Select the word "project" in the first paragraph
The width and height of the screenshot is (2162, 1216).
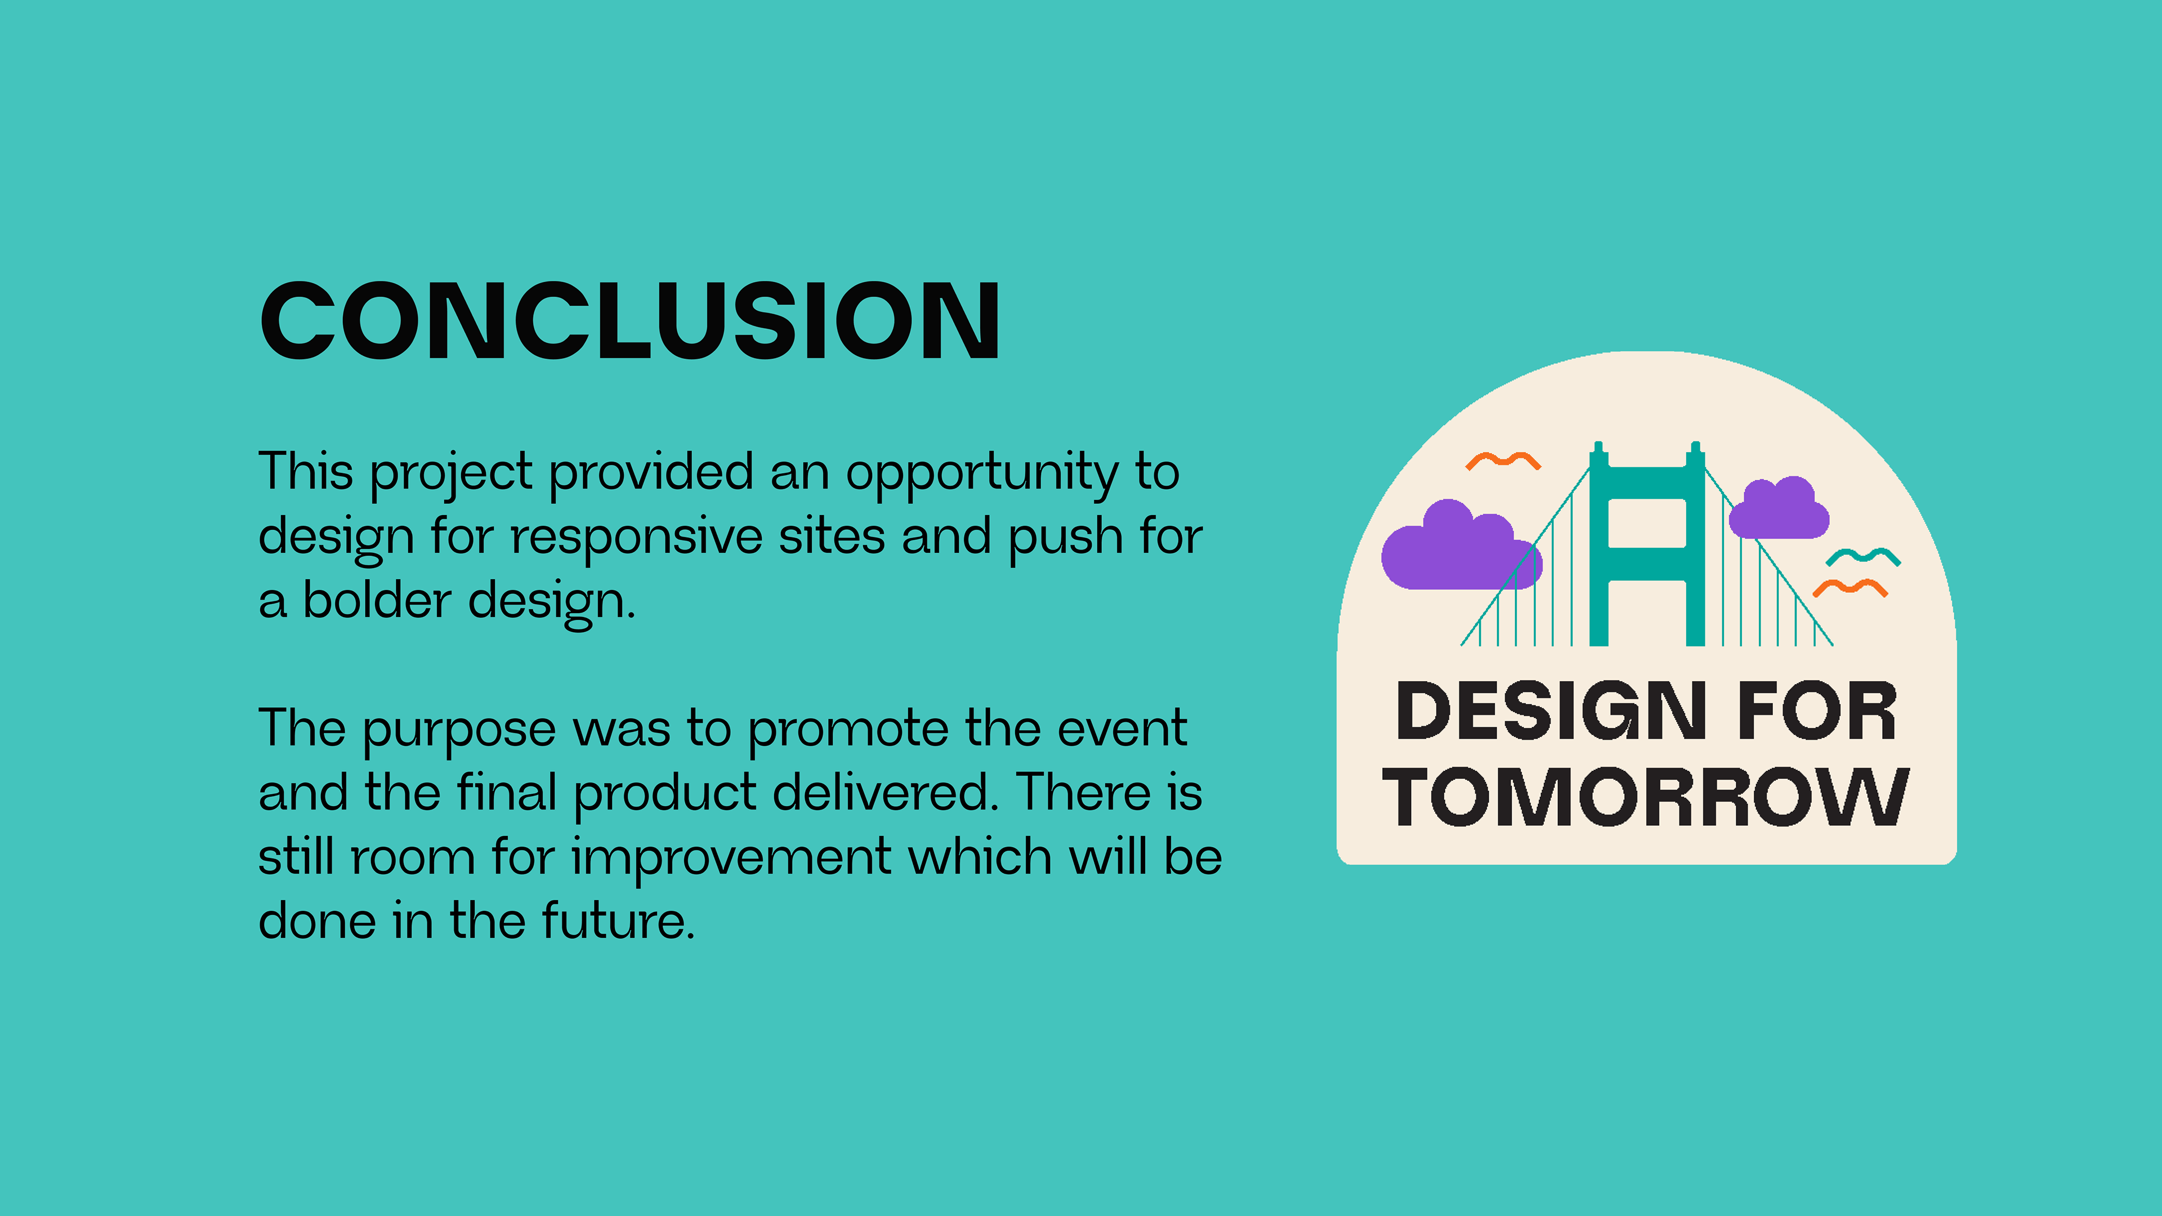pos(450,474)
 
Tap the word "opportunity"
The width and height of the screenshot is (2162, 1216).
pos(982,474)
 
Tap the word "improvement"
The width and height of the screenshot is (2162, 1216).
pos(732,859)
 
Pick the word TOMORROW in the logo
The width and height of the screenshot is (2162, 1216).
pos(1646,797)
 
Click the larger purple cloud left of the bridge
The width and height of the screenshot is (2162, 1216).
pos(1461,546)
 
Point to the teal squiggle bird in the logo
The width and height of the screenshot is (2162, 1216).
pos(1863,556)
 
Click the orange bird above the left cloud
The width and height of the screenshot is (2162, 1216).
pos(1502,461)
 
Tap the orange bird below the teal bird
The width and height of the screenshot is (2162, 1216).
pos(1851,587)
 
